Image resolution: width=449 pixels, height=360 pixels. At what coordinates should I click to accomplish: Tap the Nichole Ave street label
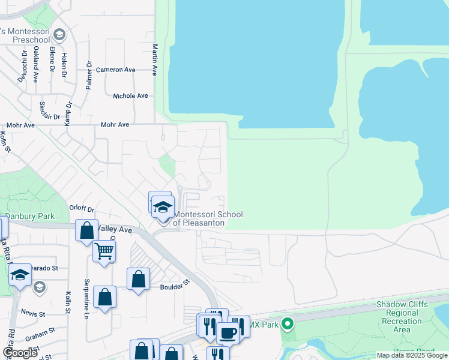click(x=130, y=96)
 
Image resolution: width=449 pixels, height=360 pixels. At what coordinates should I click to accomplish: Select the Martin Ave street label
click(x=155, y=59)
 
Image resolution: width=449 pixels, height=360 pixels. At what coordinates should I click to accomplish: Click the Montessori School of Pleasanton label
click(x=199, y=218)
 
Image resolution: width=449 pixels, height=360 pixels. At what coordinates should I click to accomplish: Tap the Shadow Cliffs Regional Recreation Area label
click(x=402, y=317)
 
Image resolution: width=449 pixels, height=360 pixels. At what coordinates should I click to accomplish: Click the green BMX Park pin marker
click(x=287, y=325)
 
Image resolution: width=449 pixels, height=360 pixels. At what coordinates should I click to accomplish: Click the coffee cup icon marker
click(x=228, y=333)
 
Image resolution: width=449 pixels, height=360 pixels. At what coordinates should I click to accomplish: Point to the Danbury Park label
click(x=29, y=216)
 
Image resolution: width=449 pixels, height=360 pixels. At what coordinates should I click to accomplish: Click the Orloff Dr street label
click(x=82, y=209)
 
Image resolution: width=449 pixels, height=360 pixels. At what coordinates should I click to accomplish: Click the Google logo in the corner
click(x=20, y=353)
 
